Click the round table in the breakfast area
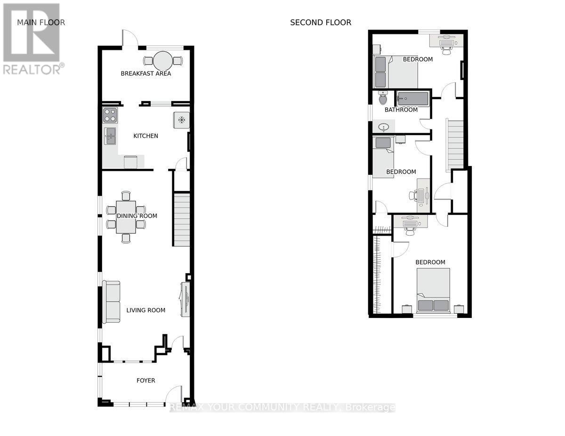[x=163, y=61]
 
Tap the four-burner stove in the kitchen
[x=110, y=115]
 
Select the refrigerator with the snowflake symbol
[x=181, y=120]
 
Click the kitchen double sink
[x=110, y=136]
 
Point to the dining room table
[x=126, y=217]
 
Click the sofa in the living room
[x=111, y=302]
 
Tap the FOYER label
[x=145, y=381]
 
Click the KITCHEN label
[x=145, y=136]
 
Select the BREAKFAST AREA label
[x=146, y=73]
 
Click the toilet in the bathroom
[x=383, y=98]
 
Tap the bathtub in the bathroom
[x=412, y=98]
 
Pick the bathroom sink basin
[x=384, y=127]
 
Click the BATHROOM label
[x=401, y=110]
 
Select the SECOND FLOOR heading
[x=321, y=23]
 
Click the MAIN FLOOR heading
[x=41, y=22]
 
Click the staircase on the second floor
[x=455, y=145]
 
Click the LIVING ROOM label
[x=146, y=310]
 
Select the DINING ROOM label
[x=137, y=216]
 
